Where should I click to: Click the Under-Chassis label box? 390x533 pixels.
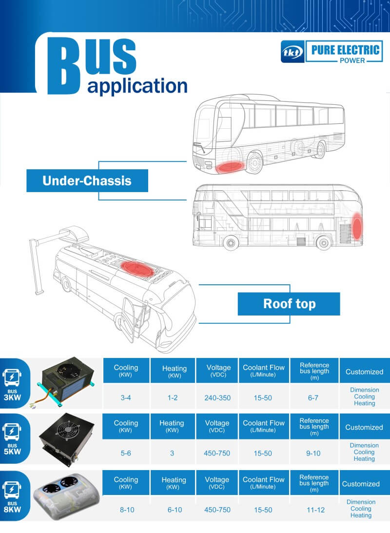point(87,181)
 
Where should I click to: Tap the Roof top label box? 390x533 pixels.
point(289,304)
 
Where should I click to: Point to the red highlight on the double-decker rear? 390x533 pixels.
point(357,226)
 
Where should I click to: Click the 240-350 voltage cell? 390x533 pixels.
point(217,397)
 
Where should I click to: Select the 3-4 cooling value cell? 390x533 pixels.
point(126,397)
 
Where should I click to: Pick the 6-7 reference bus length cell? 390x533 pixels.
point(313,397)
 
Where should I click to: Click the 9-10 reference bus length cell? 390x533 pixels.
point(314,453)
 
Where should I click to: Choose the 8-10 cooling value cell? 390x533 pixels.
point(126,510)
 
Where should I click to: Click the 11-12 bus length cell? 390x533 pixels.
point(314,510)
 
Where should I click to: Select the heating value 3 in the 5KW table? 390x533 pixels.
point(172,453)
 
